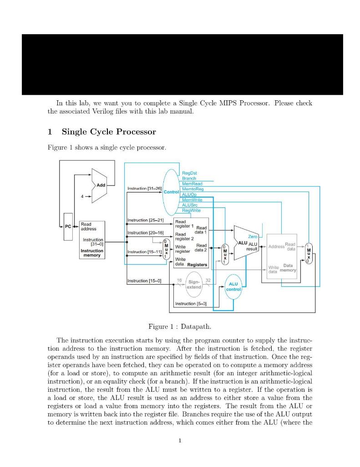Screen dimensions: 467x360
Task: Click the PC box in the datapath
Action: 67,226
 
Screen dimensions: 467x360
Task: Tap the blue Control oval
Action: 171,192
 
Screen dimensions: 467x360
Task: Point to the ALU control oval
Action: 233,286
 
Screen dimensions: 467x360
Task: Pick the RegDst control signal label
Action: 189,173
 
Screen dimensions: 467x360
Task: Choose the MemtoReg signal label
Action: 193,189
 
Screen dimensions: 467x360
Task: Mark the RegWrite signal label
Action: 191,210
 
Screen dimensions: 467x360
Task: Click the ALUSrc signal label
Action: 190,205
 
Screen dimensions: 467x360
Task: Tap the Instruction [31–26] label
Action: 144,188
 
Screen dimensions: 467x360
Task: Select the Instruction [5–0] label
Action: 191,303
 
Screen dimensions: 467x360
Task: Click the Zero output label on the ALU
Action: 253,237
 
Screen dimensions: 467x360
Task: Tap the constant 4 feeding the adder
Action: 83,196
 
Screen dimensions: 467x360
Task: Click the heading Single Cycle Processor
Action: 109,132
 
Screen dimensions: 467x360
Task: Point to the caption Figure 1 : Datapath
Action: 180,327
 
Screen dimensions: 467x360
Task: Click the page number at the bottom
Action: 180,441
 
